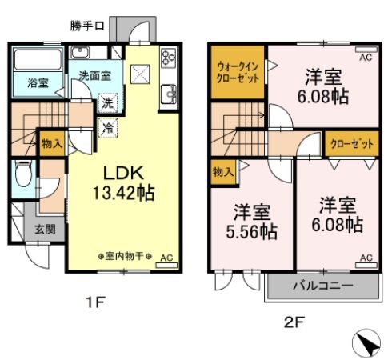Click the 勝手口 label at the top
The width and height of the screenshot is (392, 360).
87,25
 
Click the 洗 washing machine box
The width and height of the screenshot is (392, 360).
106,102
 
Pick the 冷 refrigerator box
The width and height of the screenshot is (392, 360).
106,126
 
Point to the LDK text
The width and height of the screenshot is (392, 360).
122,173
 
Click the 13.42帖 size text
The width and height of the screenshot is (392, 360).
122,193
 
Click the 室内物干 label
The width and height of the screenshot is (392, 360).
126,257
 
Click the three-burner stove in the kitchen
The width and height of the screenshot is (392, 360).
169,58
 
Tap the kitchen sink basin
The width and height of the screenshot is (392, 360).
170,95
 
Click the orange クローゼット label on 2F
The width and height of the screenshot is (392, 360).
351,144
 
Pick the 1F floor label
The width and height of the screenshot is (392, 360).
94,303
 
